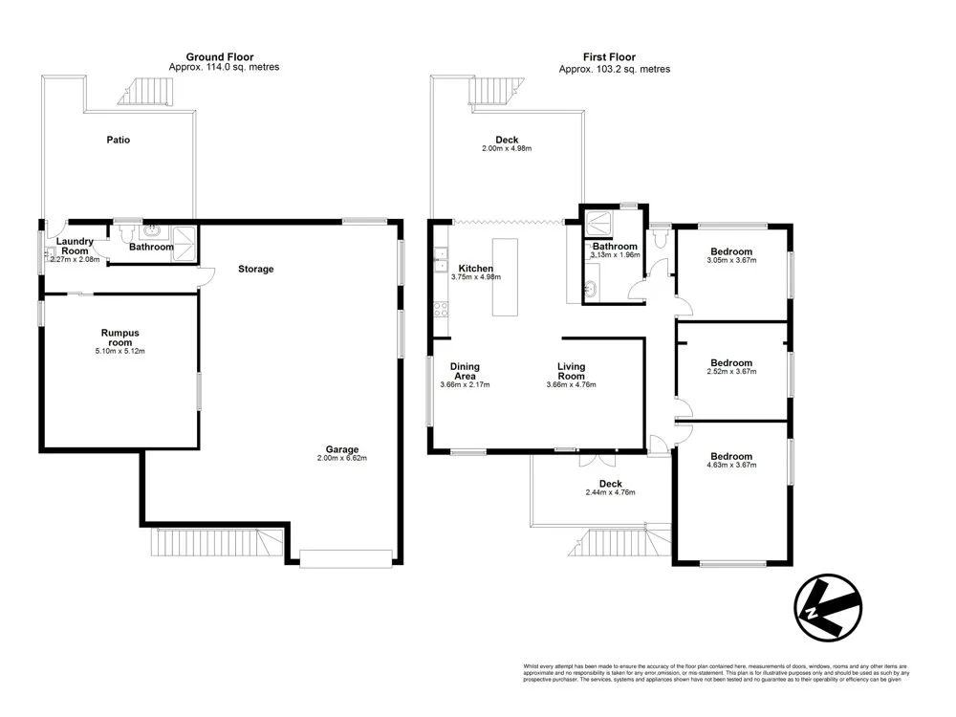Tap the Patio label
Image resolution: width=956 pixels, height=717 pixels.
click(x=118, y=141)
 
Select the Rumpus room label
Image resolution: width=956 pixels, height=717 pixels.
click(x=120, y=337)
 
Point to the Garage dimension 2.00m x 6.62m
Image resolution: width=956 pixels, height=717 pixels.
click(x=341, y=459)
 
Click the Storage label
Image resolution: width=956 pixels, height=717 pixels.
click(x=255, y=270)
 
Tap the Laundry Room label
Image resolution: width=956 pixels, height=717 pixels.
click(x=75, y=247)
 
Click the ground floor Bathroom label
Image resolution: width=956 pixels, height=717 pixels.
click(x=151, y=247)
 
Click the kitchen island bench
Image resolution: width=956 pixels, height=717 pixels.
click(x=505, y=278)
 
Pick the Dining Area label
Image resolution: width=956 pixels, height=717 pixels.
click(x=465, y=371)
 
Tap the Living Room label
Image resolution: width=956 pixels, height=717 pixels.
click(x=572, y=371)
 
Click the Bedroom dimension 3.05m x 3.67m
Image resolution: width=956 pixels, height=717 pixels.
click(x=731, y=260)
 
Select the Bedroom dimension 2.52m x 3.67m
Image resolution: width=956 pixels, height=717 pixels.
click(x=731, y=372)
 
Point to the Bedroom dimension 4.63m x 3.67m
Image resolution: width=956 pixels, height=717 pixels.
click(x=731, y=466)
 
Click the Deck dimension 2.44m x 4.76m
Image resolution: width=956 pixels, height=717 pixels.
click(x=610, y=492)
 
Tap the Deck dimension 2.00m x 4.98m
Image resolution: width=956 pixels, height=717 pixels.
click(x=507, y=149)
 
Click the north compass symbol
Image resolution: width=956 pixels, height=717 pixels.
click(x=827, y=607)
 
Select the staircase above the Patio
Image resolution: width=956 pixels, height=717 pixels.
click(x=147, y=92)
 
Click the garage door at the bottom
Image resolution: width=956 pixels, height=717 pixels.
click(x=345, y=558)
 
